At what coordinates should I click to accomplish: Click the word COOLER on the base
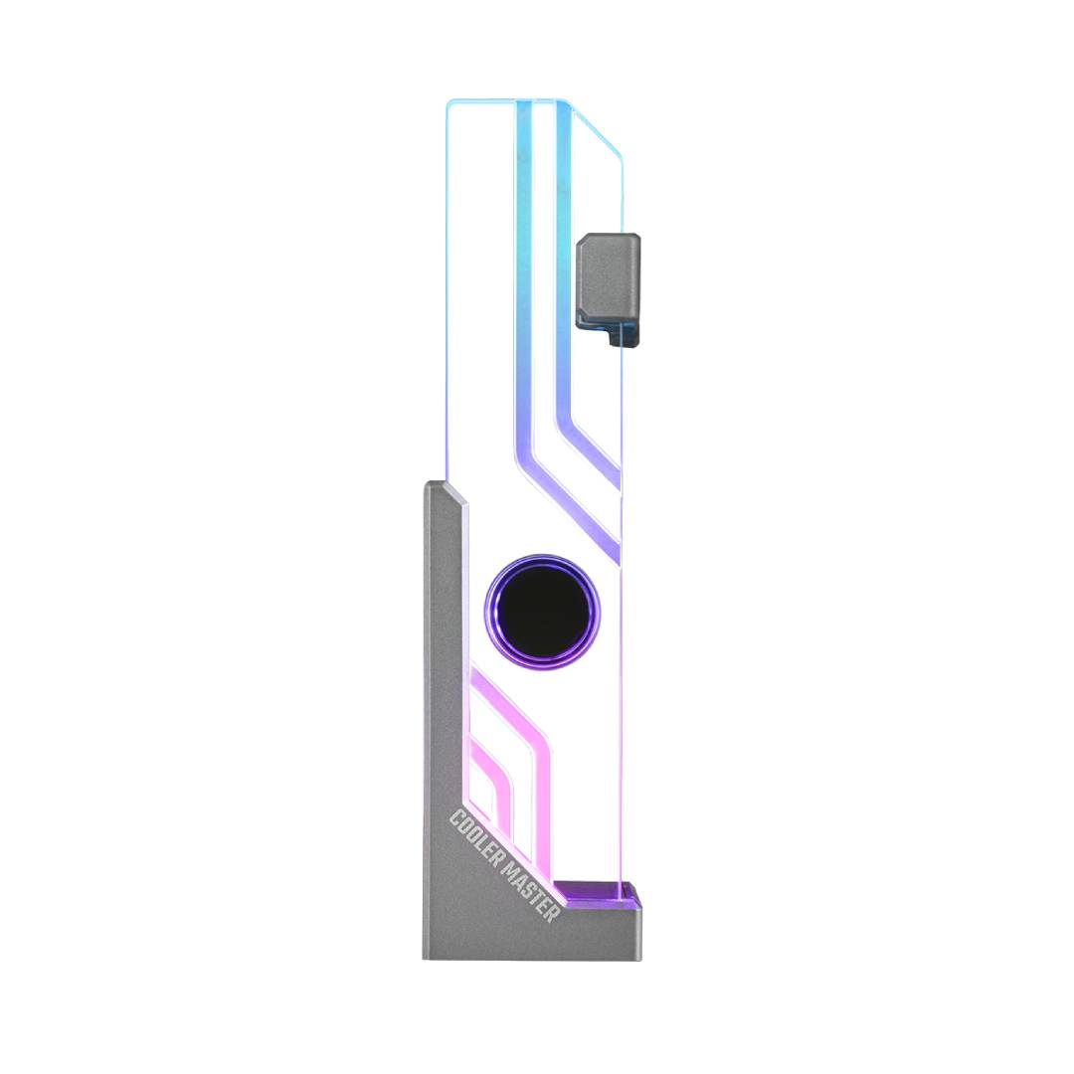point(474,830)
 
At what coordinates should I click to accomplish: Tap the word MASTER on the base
point(531,889)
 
